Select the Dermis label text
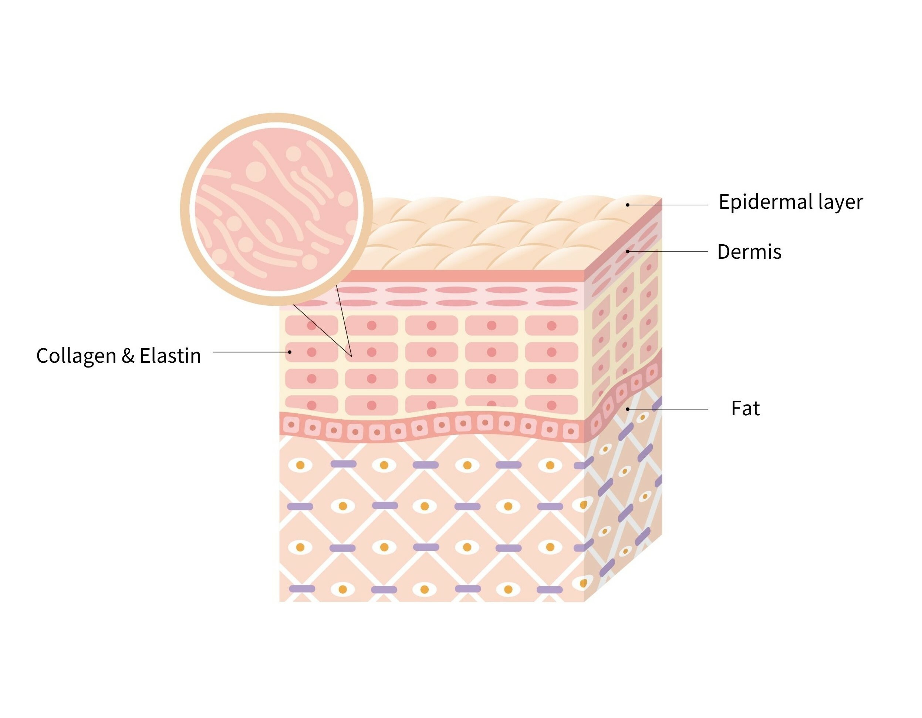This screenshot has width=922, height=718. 749,252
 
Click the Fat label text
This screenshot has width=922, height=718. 745,409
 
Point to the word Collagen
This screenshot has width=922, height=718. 76,356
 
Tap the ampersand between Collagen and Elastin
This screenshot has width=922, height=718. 128,356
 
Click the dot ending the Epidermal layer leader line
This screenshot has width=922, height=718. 628,205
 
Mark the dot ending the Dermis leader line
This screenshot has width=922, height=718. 628,251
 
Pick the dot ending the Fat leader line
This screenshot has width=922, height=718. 628,409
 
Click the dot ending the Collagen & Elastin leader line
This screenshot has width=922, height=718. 290,352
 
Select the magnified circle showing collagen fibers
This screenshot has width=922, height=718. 277,209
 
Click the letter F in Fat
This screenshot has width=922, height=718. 735,409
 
